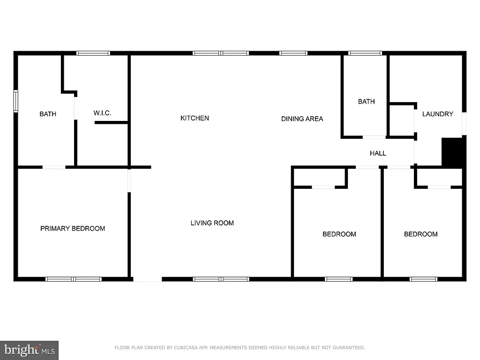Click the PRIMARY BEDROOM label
pos(73,229)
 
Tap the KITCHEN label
pos(195,118)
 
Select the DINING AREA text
pos(302,119)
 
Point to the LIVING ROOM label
pos(212,223)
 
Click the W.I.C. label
pos(102,113)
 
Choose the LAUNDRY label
pos(437,114)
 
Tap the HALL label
pos(378,153)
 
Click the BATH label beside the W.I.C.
pos(48,114)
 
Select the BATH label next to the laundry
pos(366,102)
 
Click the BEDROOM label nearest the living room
pos(339,234)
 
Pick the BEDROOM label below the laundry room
pos(420,234)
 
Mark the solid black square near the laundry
pos(453,152)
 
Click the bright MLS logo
pos(29,350)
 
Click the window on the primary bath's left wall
pos(15,101)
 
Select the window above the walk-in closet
pos(93,53)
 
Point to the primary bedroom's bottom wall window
pos(74,279)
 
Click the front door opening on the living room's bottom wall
pos(147,279)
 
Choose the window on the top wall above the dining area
pos(293,53)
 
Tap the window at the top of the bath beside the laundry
pos(365,53)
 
